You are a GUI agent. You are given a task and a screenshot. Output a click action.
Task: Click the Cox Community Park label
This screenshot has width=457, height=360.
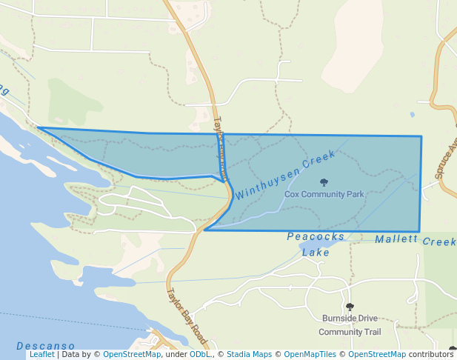click(x=324, y=194)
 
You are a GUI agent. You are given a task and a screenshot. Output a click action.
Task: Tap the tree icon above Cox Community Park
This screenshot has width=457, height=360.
click(x=323, y=182)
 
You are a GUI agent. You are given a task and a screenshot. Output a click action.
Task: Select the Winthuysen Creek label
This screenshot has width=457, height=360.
click(x=286, y=175)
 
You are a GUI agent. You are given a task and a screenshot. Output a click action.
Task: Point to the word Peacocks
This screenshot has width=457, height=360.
click(x=316, y=236)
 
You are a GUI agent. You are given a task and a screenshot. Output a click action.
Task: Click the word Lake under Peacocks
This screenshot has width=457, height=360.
click(x=315, y=252)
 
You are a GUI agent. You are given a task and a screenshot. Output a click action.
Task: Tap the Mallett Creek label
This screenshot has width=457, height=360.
click(x=415, y=241)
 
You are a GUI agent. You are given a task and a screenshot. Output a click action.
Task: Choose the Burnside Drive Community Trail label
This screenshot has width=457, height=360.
click(x=350, y=324)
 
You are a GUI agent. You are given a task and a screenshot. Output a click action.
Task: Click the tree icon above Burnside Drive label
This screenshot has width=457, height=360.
click(x=350, y=307)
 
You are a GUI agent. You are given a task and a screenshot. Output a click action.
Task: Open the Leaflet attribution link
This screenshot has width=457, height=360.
click(x=41, y=355)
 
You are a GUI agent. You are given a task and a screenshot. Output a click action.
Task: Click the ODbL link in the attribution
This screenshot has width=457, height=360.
click(x=199, y=355)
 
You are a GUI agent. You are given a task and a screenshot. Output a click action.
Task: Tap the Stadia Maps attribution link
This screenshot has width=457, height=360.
click(x=249, y=355)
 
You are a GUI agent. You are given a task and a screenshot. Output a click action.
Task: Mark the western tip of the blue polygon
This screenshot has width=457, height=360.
click(x=39, y=128)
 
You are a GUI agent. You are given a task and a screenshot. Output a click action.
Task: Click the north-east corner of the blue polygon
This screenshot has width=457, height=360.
click(x=421, y=136)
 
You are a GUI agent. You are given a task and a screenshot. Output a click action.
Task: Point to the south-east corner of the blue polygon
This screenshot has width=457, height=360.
click(x=420, y=231)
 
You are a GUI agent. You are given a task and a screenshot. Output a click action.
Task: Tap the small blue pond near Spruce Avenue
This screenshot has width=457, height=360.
click(x=412, y=115)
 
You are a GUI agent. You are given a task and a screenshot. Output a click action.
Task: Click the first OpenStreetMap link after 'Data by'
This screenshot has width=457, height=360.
click(x=131, y=355)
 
